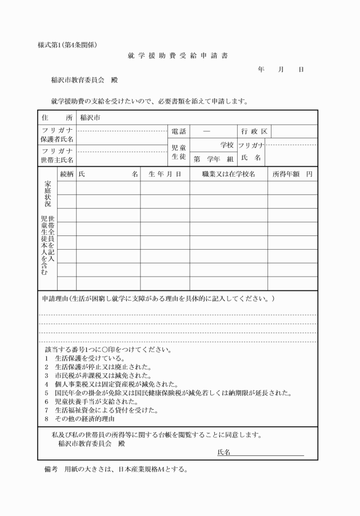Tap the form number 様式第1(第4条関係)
pyautogui.click(x=67, y=45)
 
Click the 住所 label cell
pyautogui.click(x=57, y=117)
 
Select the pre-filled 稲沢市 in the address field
pyautogui.click(x=90, y=117)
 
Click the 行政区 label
pyautogui.click(x=254, y=131)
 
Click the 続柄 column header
pyautogui.click(x=66, y=173)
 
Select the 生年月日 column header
pyautogui.click(x=165, y=173)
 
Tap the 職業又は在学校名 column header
pyautogui.click(x=228, y=173)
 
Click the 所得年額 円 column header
pyautogui.click(x=291, y=173)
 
